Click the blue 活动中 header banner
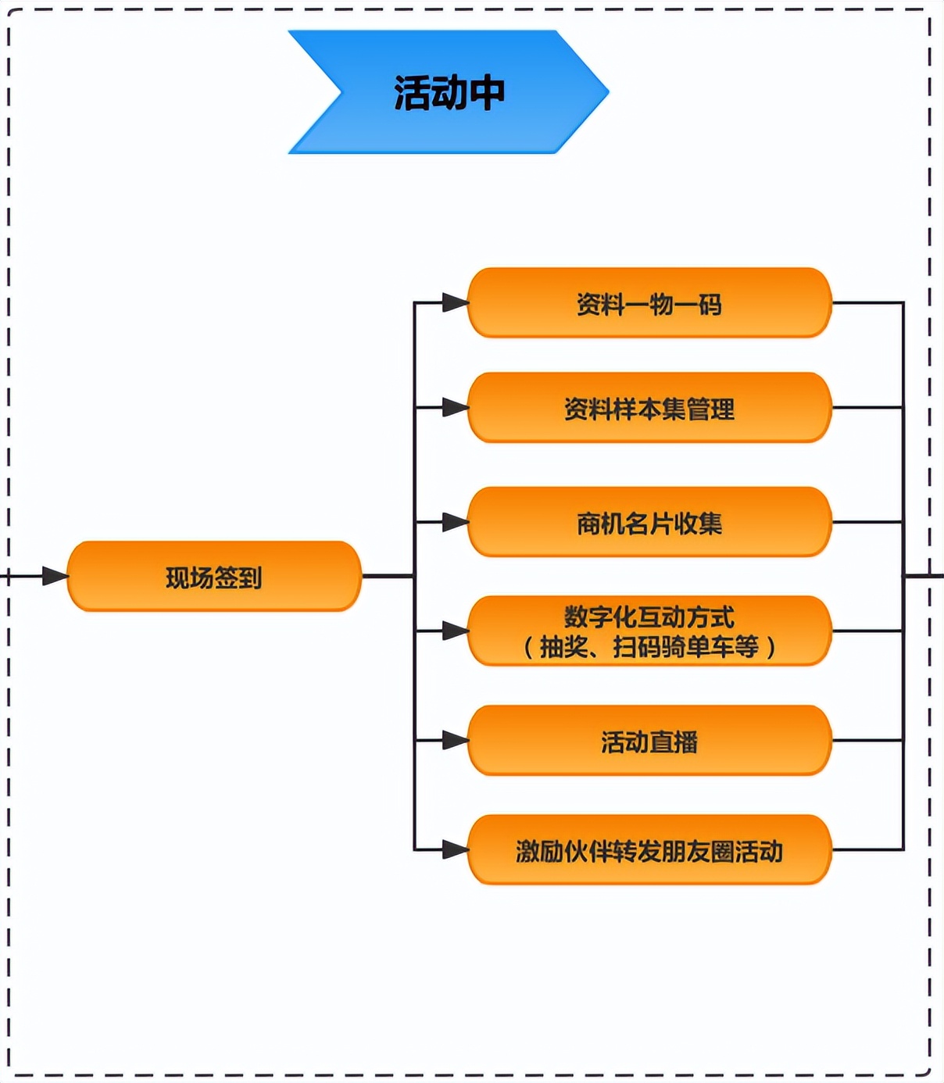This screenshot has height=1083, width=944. pyautogui.click(x=448, y=92)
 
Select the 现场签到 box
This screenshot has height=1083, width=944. pyautogui.click(x=213, y=577)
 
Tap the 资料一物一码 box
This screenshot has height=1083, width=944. pyautogui.click(x=649, y=303)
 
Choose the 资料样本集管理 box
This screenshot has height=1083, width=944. pyautogui.click(x=649, y=408)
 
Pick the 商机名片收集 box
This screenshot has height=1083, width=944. pyautogui.click(x=649, y=522)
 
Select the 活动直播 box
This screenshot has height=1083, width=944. pyautogui.click(x=649, y=741)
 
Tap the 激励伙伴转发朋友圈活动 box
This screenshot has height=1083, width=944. pyautogui.click(x=649, y=850)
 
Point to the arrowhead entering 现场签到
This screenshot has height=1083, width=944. pyautogui.click(x=55, y=577)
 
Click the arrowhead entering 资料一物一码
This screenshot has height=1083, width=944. pyautogui.click(x=455, y=302)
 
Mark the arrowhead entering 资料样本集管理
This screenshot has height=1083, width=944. pyautogui.click(x=455, y=407)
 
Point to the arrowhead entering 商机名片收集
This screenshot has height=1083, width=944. pyautogui.click(x=455, y=522)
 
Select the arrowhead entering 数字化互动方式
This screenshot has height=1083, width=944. pyautogui.click(x=455, y=631)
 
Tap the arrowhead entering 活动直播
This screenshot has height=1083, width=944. pyautogui.click(x=455, y=740)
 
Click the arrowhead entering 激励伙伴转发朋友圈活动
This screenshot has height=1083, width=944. pyautogui.click(x=455, y=849)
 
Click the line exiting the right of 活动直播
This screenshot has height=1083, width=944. pyautogui.click(x=867, y=740)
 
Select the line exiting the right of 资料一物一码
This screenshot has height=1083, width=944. pyautogui.click(x=867, y=302)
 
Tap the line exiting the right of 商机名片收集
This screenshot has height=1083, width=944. pyautogui.click(x=867, y=522)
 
